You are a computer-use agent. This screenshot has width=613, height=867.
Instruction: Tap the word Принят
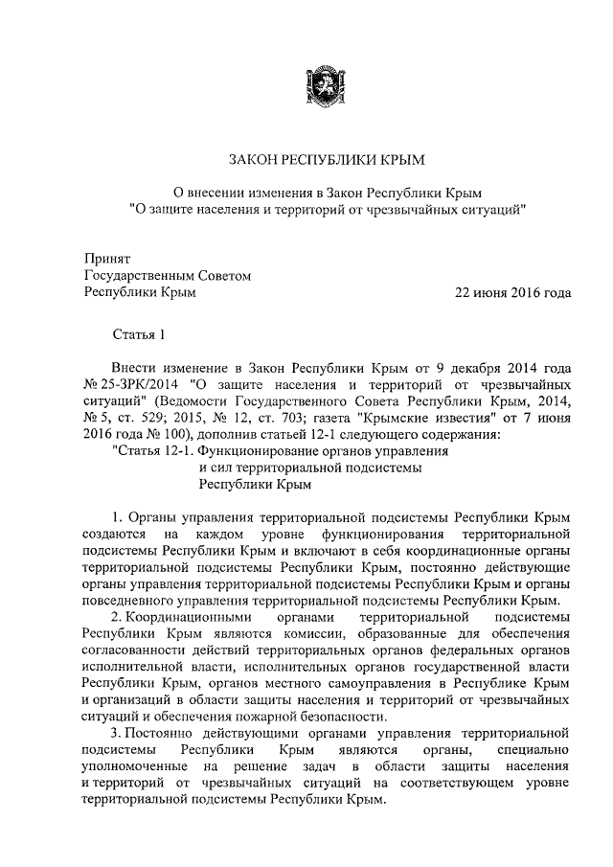pos(106,259)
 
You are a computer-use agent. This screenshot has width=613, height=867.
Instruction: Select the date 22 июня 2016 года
pos(514,292)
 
